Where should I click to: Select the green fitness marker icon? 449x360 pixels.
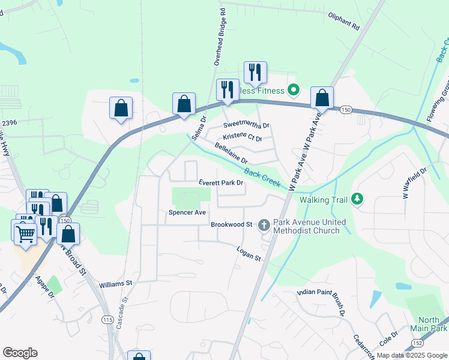(x=294, y=91)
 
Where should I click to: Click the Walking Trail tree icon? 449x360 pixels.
(x=357, y=199)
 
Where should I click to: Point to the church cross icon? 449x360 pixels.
(x=264, y=225)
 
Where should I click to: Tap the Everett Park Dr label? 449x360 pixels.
(x=221, y=183)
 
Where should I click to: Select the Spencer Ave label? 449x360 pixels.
(x=187, y=212)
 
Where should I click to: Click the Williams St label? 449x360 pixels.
(x=115, y=283)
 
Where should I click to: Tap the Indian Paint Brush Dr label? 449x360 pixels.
(x=322, y=302)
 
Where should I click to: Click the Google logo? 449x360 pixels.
(x=20, y=352)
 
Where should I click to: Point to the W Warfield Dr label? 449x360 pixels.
(x=414, y=183)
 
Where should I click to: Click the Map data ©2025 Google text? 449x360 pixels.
(x=412, y=355)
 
